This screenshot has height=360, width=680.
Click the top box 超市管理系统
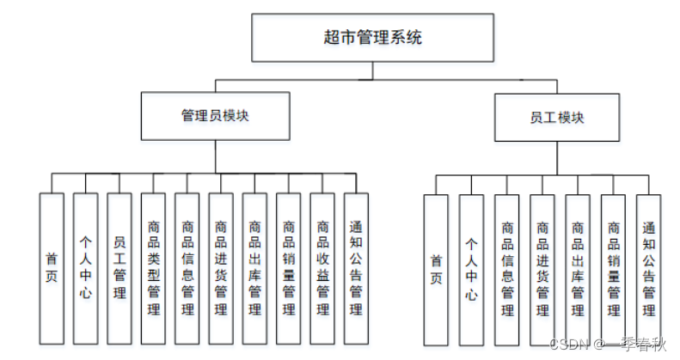[372, 37]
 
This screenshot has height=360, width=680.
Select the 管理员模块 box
[215, 116]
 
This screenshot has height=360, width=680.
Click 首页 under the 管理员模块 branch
[52, 267]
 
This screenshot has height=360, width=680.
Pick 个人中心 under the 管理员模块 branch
[85, 267]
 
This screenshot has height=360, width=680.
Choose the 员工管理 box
[119, 267]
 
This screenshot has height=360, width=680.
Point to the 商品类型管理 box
[154, 267]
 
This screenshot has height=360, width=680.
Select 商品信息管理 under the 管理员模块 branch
[187, 267]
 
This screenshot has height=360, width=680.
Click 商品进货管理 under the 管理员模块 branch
[221, 267]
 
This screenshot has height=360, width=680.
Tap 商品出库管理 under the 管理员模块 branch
[254, 267]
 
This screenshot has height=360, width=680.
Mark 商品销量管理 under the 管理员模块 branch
[289, 267]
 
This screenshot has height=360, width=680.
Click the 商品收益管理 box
[322, 267]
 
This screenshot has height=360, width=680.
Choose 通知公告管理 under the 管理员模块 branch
[356, 267]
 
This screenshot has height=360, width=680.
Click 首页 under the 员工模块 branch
[436, 268]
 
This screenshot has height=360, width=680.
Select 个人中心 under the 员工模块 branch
[471, 268]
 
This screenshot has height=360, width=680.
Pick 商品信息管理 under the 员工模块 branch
[506, 268]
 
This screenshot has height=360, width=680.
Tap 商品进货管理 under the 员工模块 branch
[542, 268]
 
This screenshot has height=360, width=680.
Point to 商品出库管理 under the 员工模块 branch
[578, 268]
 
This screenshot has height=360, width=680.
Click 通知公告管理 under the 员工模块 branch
[648, 268]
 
